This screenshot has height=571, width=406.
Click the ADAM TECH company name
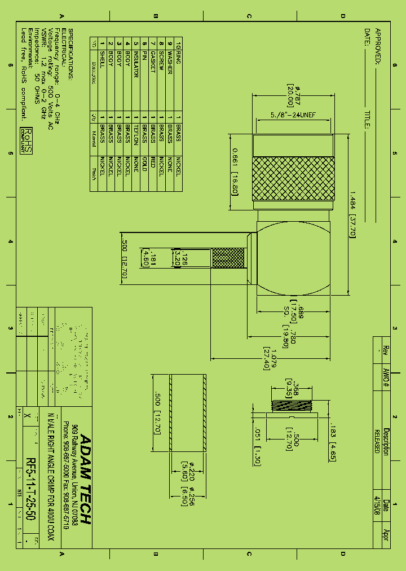pyautogui.click(x=85, y=480)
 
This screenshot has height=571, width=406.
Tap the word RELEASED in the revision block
pyautogui.click(x=377, y=441)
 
